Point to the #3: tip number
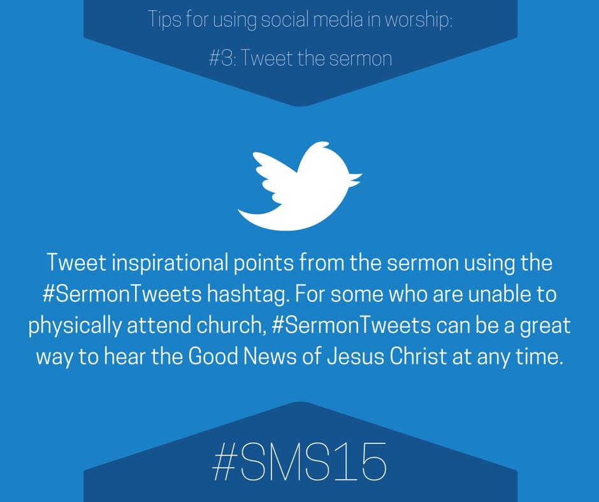click(223, 59)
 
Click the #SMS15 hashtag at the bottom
click(299, 461)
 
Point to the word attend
click(159, 326)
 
